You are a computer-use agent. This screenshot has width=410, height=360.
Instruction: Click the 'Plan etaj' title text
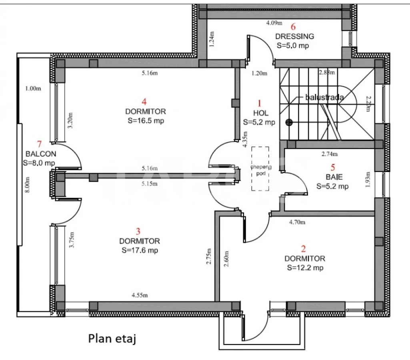[112, 339]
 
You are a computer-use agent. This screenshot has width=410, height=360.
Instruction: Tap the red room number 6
[293, 27]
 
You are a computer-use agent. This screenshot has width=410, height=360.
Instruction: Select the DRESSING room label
[294, 36]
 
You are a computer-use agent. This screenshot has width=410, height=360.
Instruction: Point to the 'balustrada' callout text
[324, 97]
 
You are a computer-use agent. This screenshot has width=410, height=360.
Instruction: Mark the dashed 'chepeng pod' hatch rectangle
[260, 168]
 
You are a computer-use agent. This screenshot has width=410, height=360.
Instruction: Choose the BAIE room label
[332, 177]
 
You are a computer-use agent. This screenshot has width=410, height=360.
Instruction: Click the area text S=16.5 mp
[145, 120]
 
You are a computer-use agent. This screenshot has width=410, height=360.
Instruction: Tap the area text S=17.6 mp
[140, 250]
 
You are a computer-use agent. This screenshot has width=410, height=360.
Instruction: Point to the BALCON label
[40, 154]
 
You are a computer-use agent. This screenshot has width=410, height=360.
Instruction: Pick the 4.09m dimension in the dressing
[274, 23]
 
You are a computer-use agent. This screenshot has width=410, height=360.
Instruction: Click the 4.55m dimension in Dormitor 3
[140, 296]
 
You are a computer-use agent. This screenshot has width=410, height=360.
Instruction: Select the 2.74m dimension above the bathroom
[330, 154]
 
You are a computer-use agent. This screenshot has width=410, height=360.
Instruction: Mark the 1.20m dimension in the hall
[259, 73]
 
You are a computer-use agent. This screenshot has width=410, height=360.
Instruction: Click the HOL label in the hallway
[259, 114]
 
